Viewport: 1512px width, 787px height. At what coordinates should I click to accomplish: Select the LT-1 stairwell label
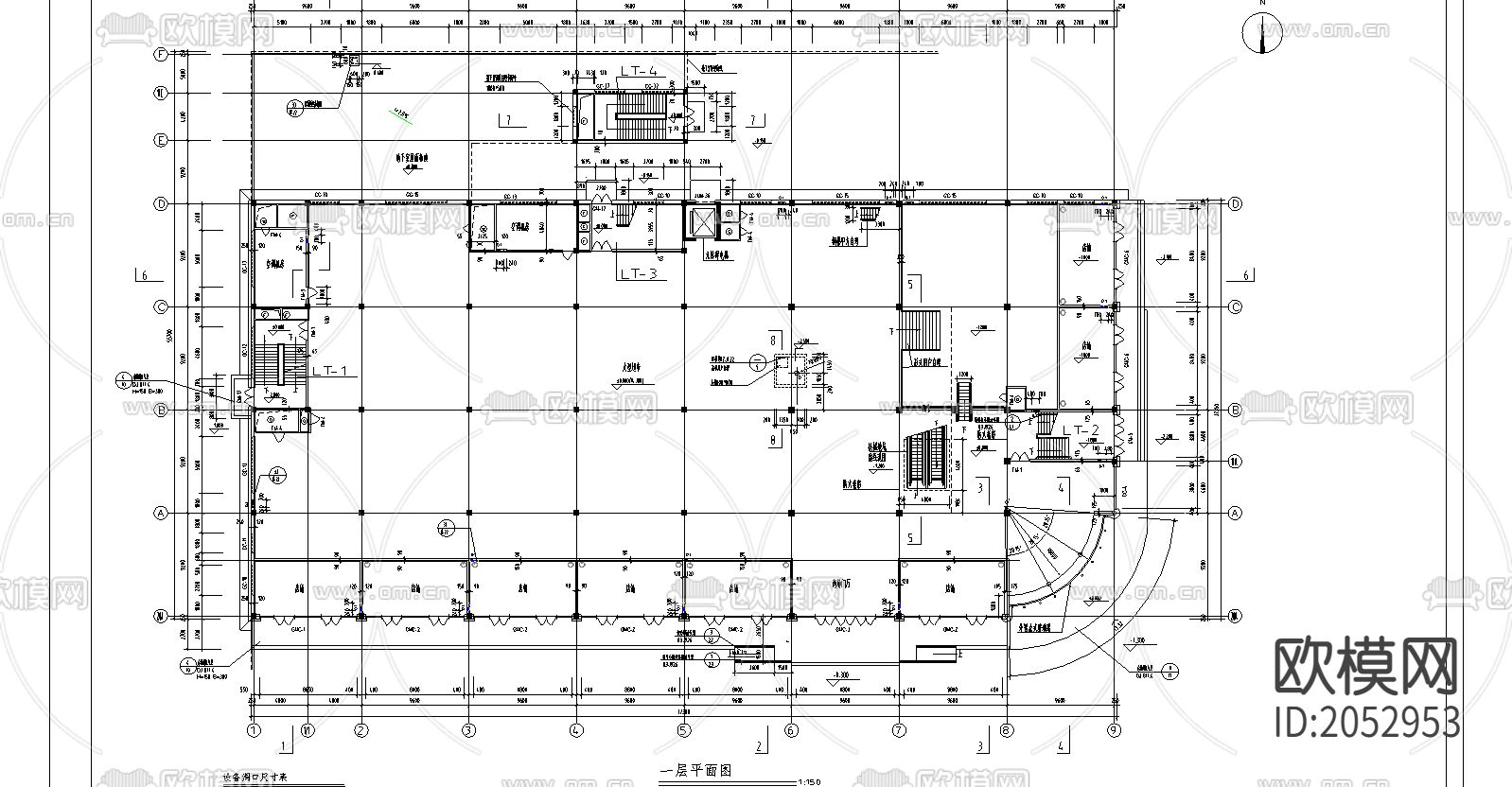pyautogui.click(x=334, y=372)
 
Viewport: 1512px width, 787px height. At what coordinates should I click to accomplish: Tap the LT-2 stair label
pyautogui.click(x=1080, y=430)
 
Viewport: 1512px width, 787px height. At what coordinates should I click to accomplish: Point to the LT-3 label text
pyautogui.click(x=638, y=273)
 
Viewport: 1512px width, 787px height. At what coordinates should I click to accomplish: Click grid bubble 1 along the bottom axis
pyautogui.click(x=253, y=729)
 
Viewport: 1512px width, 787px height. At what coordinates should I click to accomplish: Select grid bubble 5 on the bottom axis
pyautogui.click(x=684, y=729)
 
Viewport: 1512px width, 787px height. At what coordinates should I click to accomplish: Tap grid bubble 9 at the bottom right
pyautogui.click(x=1115, y=729)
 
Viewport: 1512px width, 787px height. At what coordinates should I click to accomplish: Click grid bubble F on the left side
pyautogui.click(x=161, y=55)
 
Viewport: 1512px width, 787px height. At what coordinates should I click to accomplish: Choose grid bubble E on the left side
pyautogui.click(x=161, y=140)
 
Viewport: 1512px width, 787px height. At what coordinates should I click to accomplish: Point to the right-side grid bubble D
pyautogui.click(x=1235, y=203)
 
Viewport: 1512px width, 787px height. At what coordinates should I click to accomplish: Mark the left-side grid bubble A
pyautogui.click(x=161, y=513)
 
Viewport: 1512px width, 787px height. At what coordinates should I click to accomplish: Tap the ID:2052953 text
pyautogui.click(x=1367, y=723)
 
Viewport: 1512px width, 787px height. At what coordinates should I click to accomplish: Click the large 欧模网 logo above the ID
pyautogui.click(x=1366, y=665)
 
